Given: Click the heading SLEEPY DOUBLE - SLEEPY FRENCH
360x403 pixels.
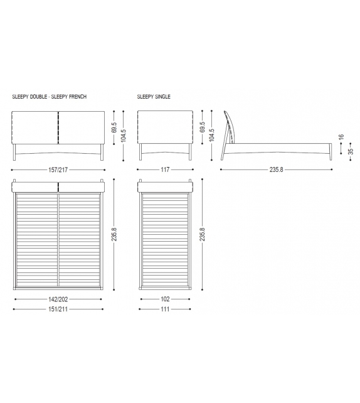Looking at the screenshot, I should [49, 97].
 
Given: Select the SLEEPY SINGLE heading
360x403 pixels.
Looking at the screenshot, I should [154, 97].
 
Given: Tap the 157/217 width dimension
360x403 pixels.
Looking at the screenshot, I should [57, 169].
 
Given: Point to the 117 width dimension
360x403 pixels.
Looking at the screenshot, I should [165, 169].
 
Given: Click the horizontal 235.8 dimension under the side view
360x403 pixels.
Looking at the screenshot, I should [277, 169].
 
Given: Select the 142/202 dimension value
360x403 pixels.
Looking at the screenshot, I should [57, 299].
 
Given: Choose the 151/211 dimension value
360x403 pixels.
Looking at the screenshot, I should [57, 309].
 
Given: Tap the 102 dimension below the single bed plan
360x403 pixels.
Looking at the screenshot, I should [165, 299].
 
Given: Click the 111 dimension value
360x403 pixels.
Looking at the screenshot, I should [165, 309].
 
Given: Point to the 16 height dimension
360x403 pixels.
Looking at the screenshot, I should [341, 137].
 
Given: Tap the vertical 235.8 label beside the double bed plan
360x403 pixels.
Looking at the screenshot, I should [114, 234].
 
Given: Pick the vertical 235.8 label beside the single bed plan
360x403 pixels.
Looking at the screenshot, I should [202, 234].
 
